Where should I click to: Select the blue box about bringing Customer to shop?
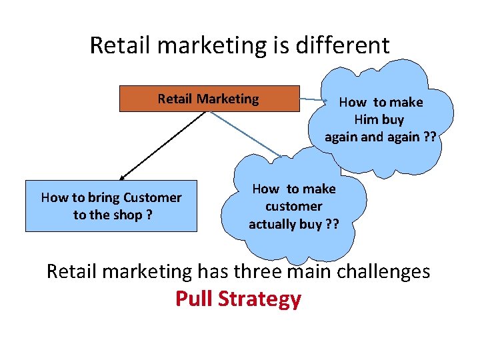pos(111,206)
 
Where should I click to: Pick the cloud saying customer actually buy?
pos(294,207)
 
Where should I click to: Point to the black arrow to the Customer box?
pos(163,145)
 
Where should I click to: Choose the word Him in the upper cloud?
pos(365,119)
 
